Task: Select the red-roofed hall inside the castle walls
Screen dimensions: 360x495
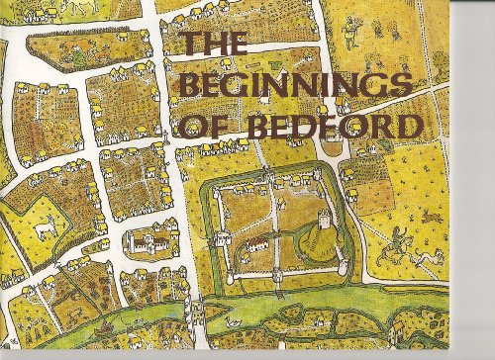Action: pyautogui.click(x=256, y=242)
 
